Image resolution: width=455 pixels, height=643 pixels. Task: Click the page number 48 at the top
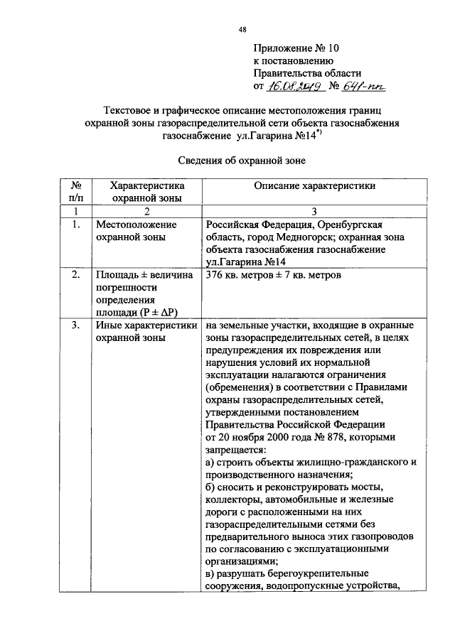click(242, 28)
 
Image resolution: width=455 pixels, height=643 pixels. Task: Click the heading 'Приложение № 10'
click(297, 48)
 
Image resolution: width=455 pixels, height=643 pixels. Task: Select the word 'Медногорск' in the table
click(284, 237)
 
